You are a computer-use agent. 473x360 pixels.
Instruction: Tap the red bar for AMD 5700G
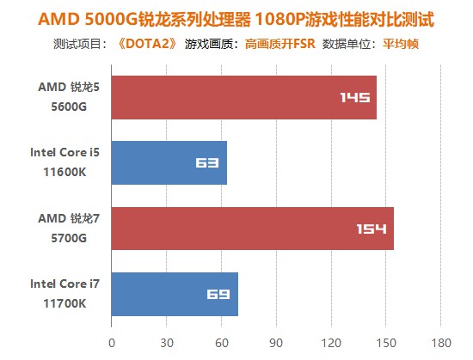(252, 229)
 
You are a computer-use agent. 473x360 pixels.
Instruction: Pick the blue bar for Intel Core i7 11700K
(174, 294)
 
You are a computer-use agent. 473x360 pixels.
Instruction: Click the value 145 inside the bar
(355, 98)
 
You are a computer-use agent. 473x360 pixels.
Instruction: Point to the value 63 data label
(206, 163)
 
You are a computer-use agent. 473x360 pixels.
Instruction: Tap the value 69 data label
(218, 294)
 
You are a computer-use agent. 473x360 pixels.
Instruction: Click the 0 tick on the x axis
(111, 342)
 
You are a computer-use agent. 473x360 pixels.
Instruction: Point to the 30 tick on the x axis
(166, 342)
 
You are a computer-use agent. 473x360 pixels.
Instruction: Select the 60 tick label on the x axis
(221, 342)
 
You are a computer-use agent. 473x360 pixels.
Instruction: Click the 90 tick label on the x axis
(276, 342)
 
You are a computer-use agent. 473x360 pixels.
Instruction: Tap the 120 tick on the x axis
(330, 342)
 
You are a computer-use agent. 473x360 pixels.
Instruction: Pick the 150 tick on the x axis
(385, 342)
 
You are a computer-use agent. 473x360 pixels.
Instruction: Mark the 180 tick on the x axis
(440, 342)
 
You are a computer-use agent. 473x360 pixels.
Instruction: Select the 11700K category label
(63, 302)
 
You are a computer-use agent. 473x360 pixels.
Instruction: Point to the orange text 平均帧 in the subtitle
(401, 44)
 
